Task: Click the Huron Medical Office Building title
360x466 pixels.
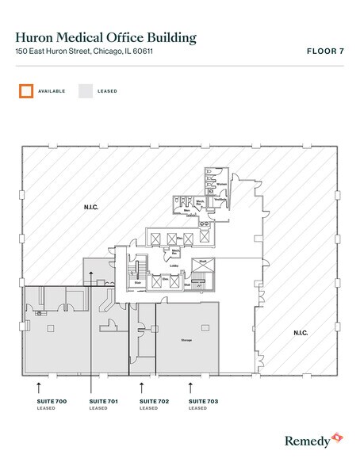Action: (105, 36)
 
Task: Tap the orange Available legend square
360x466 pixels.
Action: (27, 90)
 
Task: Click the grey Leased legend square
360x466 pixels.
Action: (85, 90)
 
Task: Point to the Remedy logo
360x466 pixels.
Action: (314, 438)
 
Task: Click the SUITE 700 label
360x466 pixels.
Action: (52, 402)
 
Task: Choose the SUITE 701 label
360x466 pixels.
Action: (103, 402)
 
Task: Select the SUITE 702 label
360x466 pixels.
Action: (154, 402)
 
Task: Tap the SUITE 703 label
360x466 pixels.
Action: (204, 402)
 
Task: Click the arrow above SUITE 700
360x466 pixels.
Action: (39, 387)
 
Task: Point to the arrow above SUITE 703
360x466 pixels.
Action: (190, 387)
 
